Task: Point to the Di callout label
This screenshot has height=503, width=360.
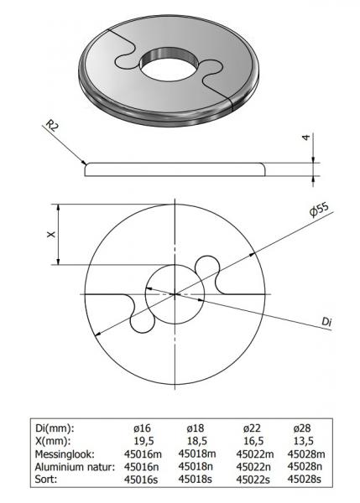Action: click(329, 320)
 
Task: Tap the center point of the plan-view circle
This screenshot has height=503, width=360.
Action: click(175, 293)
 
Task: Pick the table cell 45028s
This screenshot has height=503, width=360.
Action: click(305, 479)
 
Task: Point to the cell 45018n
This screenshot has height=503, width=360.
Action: click(198, 466)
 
